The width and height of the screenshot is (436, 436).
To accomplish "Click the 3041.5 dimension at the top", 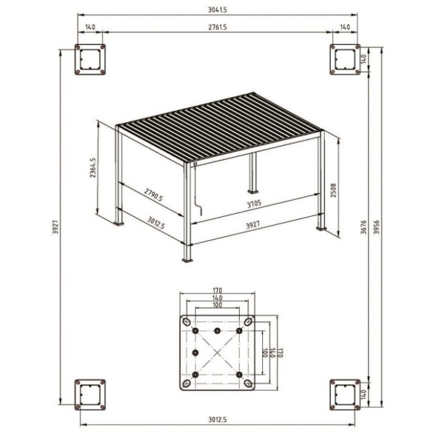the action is [217, 10].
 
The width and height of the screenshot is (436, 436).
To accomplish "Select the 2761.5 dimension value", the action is [217, 27].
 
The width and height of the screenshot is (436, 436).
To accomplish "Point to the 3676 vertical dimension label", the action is [363, 227].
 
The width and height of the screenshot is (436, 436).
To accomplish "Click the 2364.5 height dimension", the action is [93, 168].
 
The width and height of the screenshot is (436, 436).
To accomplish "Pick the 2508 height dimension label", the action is [333, 190].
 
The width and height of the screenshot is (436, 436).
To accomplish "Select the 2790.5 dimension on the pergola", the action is [153, 194].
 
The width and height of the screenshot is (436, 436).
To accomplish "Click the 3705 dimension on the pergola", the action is [254, 204].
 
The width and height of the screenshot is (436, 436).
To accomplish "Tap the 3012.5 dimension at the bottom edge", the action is [217, 419].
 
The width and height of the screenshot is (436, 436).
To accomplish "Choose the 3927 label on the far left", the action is [55, 227].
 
